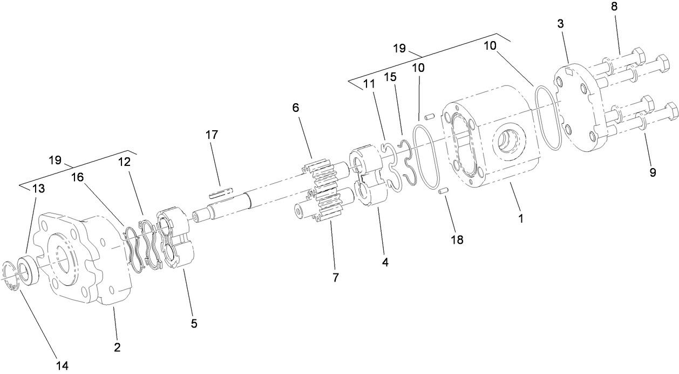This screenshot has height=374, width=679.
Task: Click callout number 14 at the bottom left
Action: [62, 366]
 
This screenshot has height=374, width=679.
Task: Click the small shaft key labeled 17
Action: [222, 192]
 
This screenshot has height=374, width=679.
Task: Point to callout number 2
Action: [117, 346]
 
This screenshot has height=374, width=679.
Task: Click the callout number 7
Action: [335, 278]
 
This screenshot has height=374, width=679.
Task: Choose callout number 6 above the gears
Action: [296, 108]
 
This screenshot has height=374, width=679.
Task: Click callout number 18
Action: [457, 239]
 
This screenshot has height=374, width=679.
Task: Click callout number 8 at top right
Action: [614, 7]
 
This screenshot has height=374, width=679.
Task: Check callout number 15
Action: [389, 77]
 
